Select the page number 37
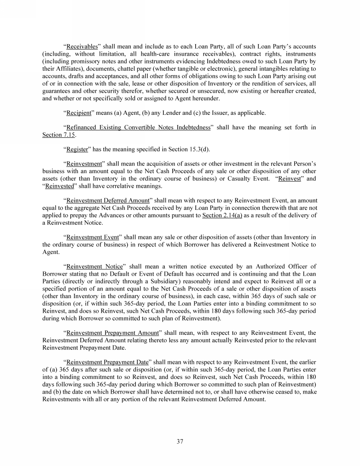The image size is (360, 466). [180, 441]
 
